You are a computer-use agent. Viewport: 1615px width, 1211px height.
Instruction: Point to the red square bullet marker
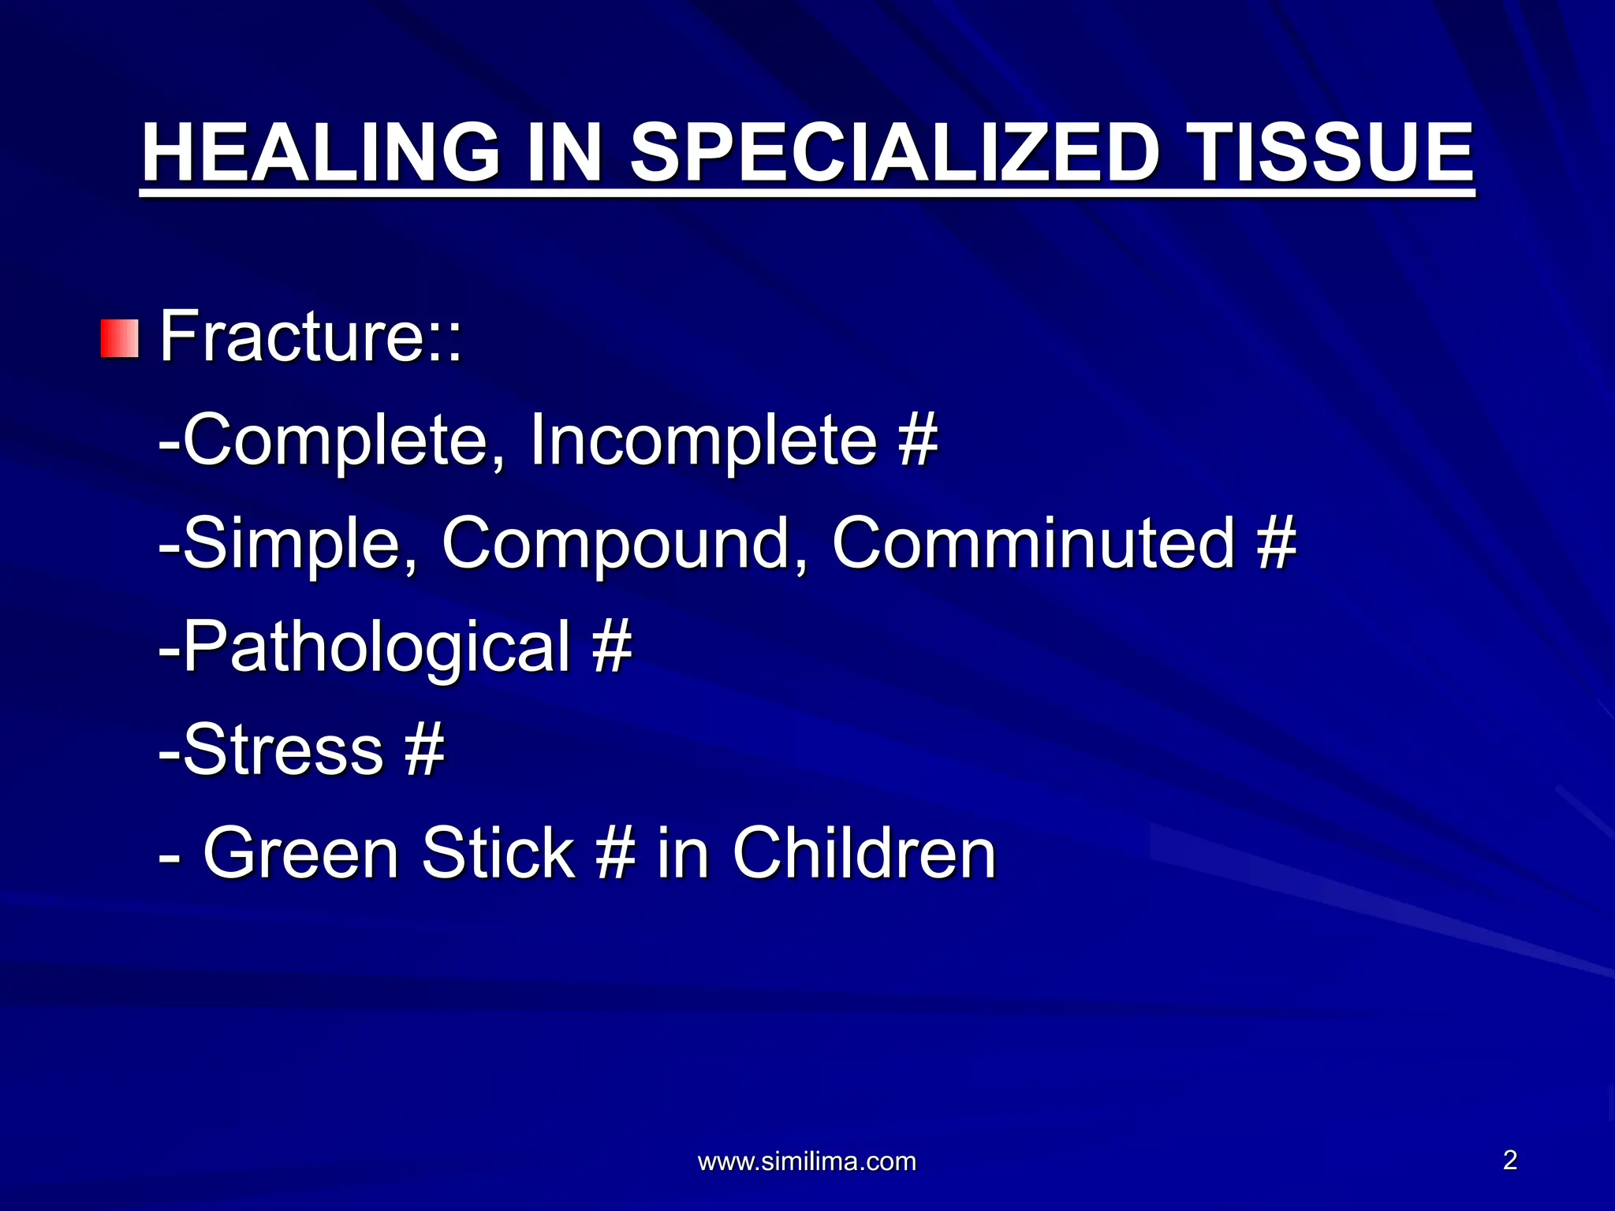pos(120,338)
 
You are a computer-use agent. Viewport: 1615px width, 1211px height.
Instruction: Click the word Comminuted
pos(1033,543)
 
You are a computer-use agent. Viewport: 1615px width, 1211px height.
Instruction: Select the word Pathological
pos(375,646)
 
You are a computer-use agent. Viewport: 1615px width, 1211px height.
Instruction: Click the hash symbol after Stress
pos(424,750)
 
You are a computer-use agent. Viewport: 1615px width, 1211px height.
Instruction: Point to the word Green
pos(301,853)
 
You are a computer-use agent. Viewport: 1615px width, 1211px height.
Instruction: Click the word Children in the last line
pos(864,853)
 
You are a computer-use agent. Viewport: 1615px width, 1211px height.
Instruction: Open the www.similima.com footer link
pos(807,1161)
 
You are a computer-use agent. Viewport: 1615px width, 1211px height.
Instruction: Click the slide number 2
pos(1509,1160)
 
